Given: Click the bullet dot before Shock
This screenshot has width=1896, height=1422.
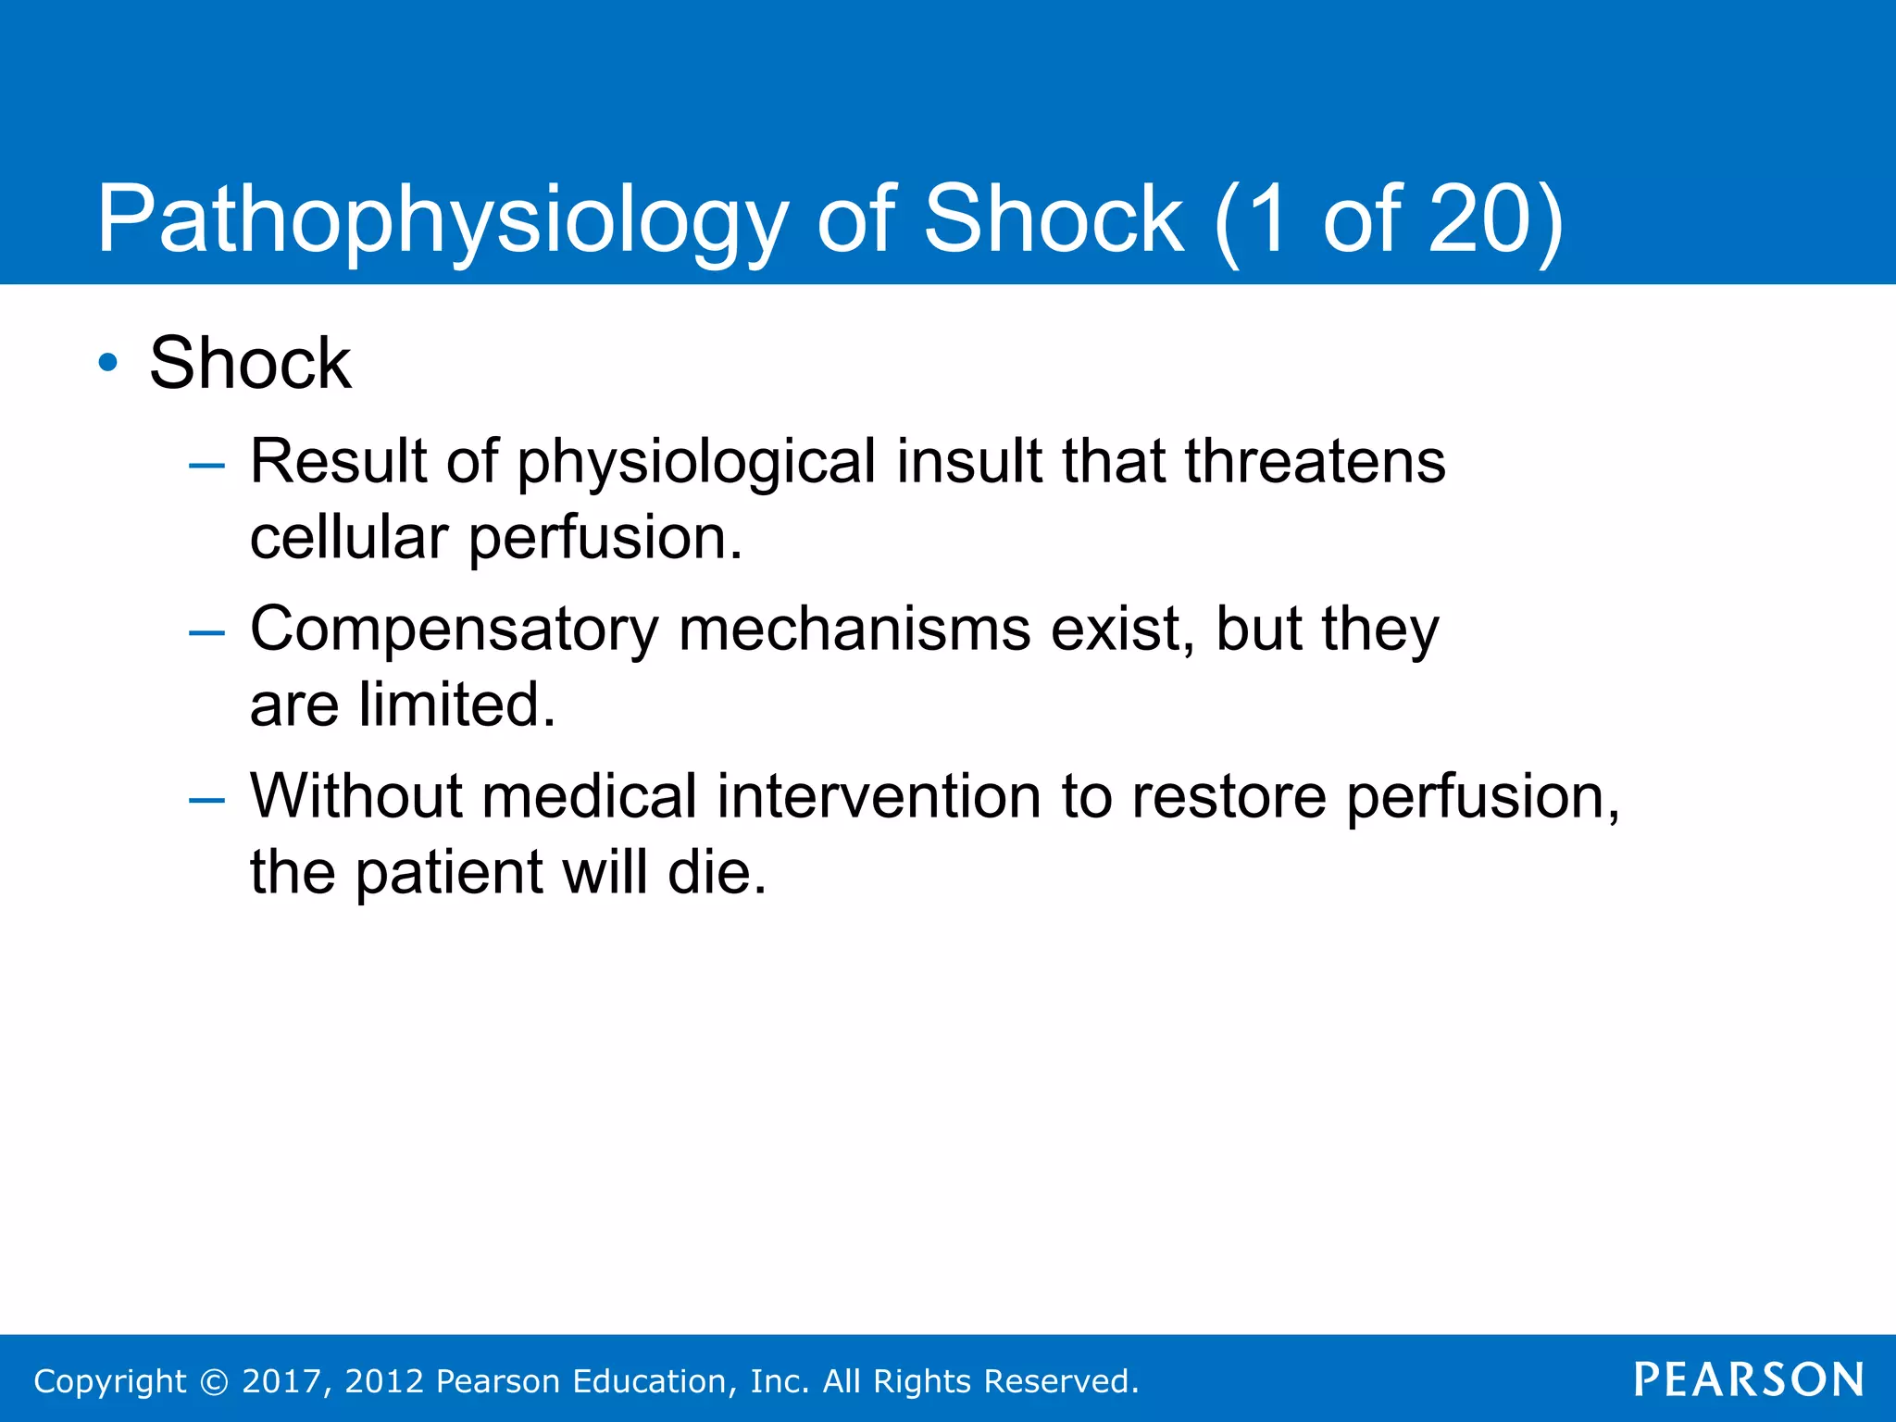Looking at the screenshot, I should point(108,363).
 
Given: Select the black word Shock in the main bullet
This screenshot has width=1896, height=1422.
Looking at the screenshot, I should point(250,363).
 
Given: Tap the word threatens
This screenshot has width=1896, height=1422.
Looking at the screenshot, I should point(1315,461).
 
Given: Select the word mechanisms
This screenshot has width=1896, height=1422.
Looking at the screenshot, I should point(854,630).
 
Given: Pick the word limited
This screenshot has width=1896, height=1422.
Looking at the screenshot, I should point(455,705).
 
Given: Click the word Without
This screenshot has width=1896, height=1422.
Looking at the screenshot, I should point(355,796).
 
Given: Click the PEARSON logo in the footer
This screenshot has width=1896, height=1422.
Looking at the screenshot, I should point(1749,1379).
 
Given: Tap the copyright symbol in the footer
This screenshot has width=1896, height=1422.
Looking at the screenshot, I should point(214,1382).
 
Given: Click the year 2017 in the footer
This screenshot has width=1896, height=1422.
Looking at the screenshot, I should point(281,1381).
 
